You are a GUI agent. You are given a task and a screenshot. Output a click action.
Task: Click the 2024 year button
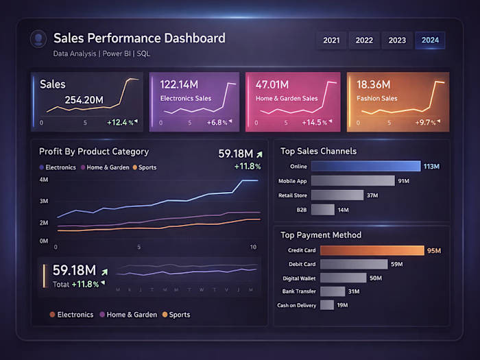(430, 40)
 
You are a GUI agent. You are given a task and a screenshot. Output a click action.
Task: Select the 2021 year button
(331, 40)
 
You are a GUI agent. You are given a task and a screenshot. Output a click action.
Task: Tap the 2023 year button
(397, 40)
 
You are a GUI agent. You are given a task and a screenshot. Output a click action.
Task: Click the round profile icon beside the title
(38, 38)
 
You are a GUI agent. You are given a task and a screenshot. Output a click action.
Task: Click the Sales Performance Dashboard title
(139, 38)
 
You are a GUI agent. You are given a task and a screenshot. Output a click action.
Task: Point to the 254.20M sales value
(84, 100)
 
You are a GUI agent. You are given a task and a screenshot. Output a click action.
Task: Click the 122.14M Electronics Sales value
(180, 84)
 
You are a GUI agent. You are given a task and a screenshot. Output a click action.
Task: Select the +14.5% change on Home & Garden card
(315, 123)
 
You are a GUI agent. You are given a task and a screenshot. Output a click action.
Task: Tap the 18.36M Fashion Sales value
(373, 84)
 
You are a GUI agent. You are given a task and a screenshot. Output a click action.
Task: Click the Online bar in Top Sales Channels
(365, 166)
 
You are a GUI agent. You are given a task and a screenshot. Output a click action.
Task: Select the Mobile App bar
(352, 181)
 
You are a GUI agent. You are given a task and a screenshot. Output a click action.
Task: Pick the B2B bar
(322, 210)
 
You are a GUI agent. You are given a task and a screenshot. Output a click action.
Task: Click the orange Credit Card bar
(372, 250)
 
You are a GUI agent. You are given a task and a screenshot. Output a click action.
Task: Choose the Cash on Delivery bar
(326, 305)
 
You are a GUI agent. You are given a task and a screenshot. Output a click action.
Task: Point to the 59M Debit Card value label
(396, 264)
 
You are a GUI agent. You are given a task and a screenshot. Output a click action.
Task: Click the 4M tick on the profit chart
(43, 180)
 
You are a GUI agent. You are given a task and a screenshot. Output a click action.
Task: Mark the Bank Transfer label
(299, 291)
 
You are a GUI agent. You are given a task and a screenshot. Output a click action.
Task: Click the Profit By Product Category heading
(94, 152)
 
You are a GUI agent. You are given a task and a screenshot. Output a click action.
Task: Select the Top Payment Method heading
(321, 235)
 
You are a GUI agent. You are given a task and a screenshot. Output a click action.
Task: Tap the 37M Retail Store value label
(373, 195)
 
